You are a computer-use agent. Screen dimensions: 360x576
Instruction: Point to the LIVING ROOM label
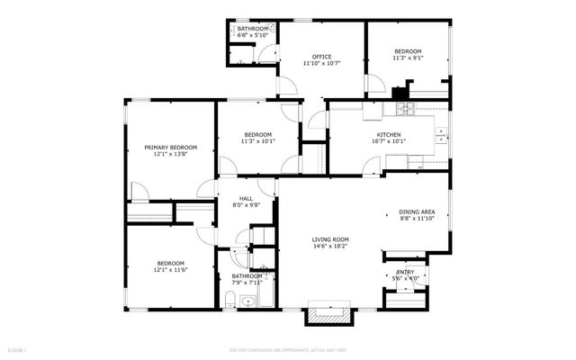click(330, 238)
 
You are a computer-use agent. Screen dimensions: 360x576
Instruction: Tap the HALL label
click(246, 198)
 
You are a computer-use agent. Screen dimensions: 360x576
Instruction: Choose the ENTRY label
click(405, 272)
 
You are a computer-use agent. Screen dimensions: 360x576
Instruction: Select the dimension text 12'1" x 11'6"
click(170, 270)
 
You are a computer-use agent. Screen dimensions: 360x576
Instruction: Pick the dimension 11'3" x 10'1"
click(257, 141)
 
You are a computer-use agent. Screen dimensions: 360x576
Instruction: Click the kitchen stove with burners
click(403, 110)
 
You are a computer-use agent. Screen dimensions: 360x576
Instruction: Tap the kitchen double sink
click(441, 135)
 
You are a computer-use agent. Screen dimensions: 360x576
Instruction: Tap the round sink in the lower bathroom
click(247, 301)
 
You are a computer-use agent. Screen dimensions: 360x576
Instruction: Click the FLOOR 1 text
click(18, 348)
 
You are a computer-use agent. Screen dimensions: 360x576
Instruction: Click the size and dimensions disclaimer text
click(288, 348)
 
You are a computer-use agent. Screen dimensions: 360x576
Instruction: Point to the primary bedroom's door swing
click(140, 192)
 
